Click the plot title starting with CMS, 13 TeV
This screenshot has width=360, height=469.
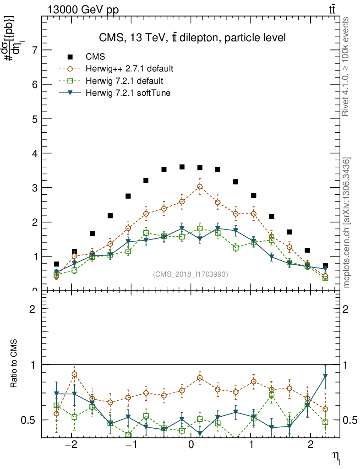[192, 38]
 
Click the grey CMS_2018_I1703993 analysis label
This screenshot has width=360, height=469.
[190, 274]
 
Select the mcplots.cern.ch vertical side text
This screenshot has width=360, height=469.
[347, 223]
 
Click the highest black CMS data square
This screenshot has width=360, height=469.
[182, 167]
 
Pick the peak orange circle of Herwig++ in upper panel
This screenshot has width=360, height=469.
[200, 186]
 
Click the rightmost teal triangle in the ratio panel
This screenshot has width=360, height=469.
[325, 376]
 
